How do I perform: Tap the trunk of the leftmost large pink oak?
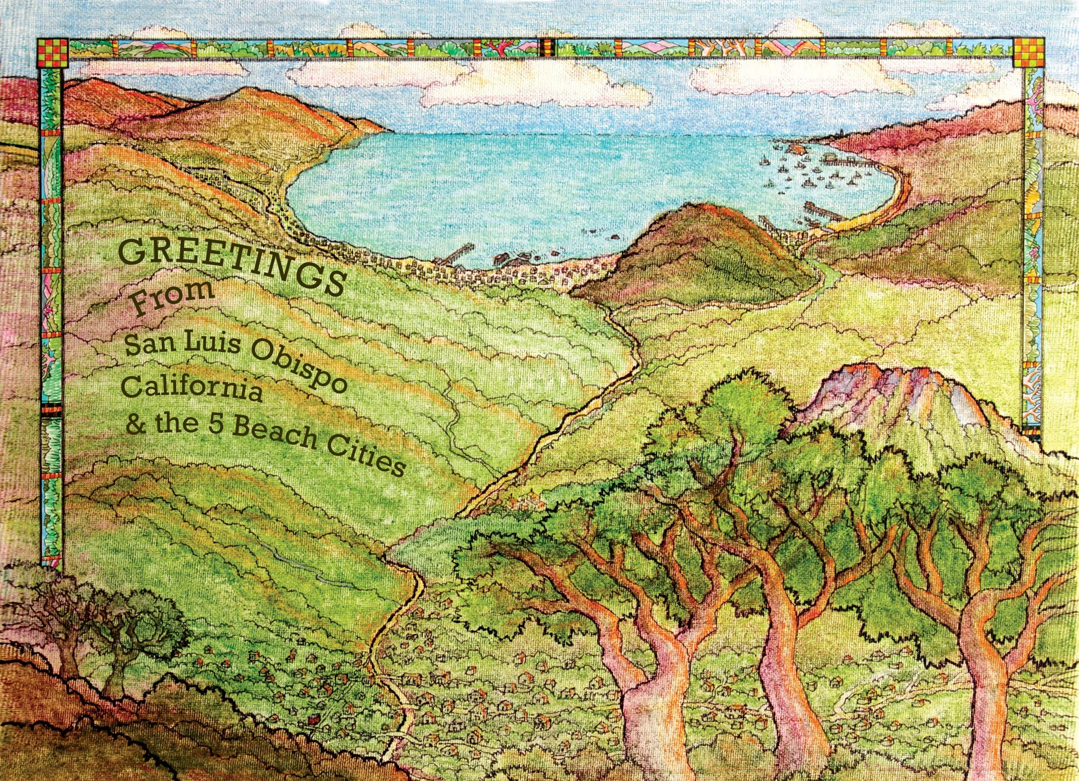[x=635, y=694]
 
